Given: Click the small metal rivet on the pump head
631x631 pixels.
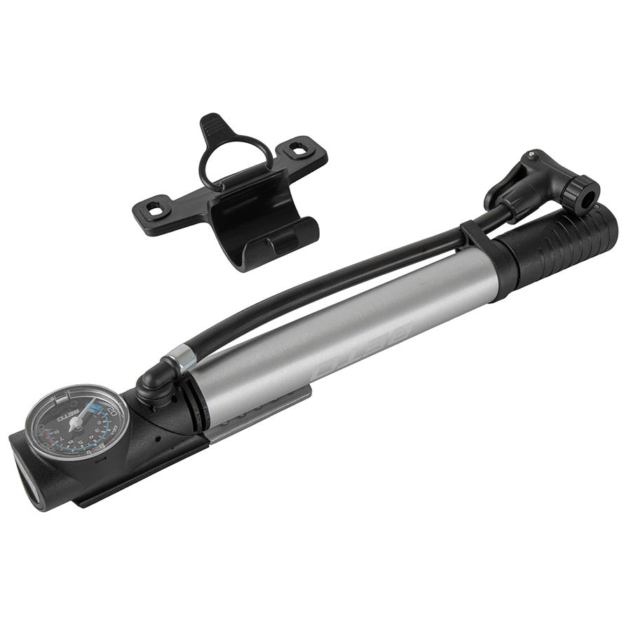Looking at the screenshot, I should (534, 154).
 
